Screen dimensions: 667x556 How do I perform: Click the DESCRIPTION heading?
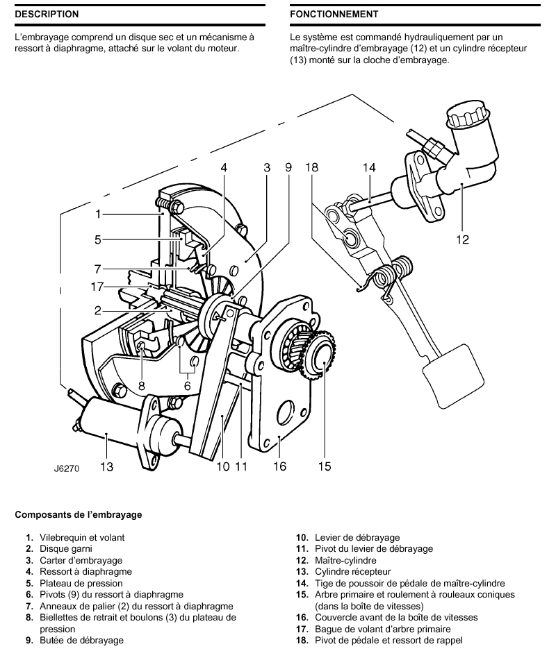[x=47, y=14]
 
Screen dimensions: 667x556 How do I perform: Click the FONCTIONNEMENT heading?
[x=334, y=14]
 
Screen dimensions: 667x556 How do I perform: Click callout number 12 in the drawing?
[x=462, y=239]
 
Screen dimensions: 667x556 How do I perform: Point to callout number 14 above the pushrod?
[x=369, y=167]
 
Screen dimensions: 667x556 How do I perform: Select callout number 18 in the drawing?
[x=311, y=167]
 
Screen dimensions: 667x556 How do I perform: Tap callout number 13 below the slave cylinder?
[x=106, y=467]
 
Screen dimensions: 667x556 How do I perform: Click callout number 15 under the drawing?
[x=325, y=466]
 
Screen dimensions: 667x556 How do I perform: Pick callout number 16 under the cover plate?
[x=279, y=466]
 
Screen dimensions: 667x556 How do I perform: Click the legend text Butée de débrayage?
[x=81, y=640]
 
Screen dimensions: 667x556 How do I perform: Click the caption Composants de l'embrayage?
[x=78, y=515]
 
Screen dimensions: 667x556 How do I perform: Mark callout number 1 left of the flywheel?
[x=99, y=214]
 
